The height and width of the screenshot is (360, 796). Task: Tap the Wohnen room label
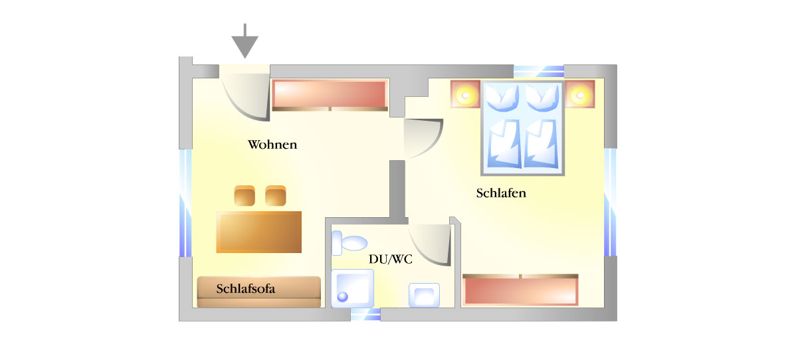pyautogui.click(x=272, y=145)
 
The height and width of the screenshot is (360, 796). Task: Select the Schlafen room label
pyautogui.click(x=501, y=193)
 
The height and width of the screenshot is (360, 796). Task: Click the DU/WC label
pyautogui.click(x=391, y=260)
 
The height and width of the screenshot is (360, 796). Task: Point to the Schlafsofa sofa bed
pyautogui.click(x=259, y=292)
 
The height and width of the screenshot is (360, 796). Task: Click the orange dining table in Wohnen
pyautogui.click(x=259, y=232)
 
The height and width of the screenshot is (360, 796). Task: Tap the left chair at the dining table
pyautogui.click(x=244, y=195)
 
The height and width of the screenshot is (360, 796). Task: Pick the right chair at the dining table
pyautogui.click(x=276, y=195)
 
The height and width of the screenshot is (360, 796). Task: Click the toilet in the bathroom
pyautogui.click(x=349, y=242)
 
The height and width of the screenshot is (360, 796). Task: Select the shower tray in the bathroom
pyautogui.click(x=352, y=288)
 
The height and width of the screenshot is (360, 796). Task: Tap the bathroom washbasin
pyautogui.click(x=424, y=295)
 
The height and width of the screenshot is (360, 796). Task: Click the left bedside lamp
pyautogui.click(x=465, y=94)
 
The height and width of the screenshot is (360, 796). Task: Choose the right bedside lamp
pyautogui.click(x=580, y=94)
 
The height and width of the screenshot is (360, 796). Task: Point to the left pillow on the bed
pyautogui.click(x=502, y=98)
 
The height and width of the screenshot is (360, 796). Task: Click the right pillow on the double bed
pyautogui.click(x=542, y=98)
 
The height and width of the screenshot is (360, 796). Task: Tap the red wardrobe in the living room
pyautogui.click(x=330, y=94)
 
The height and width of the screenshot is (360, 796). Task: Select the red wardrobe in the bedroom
pyautogui.click(x=520, y=290)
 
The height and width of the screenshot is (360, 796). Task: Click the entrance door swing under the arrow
pyautogui.click(x=245, y=96)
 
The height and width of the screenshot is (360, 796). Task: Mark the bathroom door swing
pyautogui.click(x=430, y=244)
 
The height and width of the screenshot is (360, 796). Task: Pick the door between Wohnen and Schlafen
pyautogui.click(x=423, y=139)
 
